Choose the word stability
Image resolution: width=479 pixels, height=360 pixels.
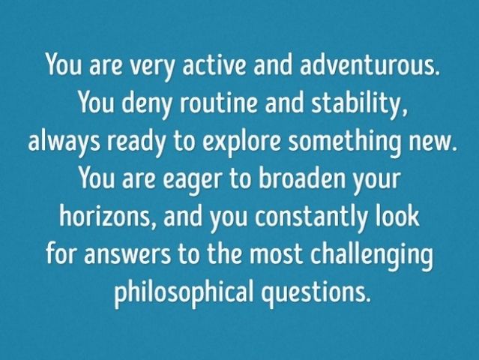pos(359,104)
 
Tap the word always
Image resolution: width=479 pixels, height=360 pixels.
pos(64,142)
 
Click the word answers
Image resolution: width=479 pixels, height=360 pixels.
pos(127,256)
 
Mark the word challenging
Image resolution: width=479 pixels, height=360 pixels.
pos(372,256)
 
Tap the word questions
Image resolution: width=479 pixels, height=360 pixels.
pos(316,292)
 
